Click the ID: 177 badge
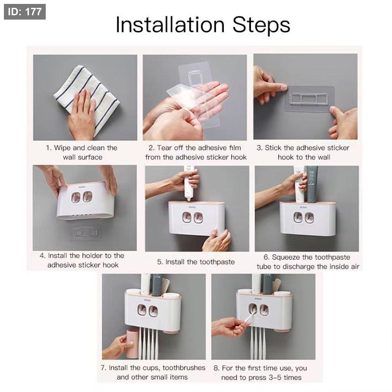(x=25, y=12)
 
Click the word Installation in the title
(x=170, y=25)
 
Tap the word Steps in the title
(x=261, y=25)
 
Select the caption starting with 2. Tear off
(x=196, y=152)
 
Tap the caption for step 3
(x=303, y=152)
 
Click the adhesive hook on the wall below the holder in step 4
(x=84, y=233)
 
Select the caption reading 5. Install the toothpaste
(x=196, y=262)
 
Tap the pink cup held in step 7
(x=133, y=344)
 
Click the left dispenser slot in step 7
(x=142, y=310)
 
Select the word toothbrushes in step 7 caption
(x=184, y=368)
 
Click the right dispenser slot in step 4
(x=88, y=197)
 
